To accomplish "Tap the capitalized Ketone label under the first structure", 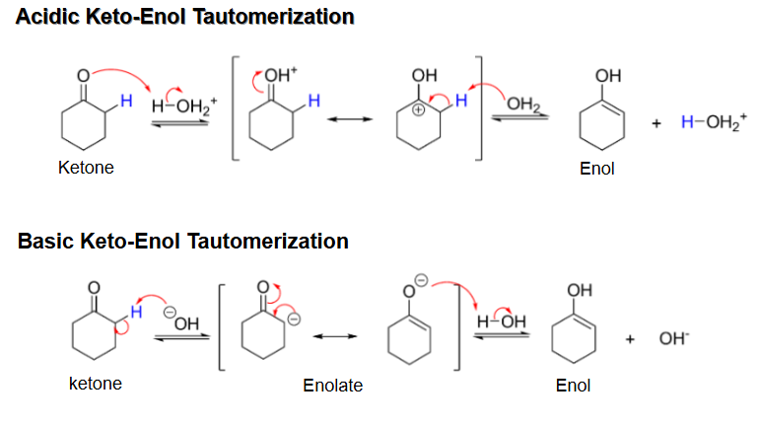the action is (x=86, y=168).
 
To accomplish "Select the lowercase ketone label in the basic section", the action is (x=96, y=384).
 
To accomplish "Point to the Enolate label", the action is (x=332, y=386).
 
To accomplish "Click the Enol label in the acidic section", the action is (x=597, y=169).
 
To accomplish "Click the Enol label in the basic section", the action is (x=573, y=386).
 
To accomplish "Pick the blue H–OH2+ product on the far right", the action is (x=714, y=122).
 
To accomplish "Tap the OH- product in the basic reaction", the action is (x=674, y=338).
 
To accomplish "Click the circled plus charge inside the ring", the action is (x=418, y=110).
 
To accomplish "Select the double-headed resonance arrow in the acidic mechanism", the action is (x=350, y=119).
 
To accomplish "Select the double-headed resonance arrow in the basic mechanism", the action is (x=335, y=336).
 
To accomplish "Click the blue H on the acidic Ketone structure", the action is (x=126, y=101).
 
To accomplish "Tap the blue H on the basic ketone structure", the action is (x=136, y=312).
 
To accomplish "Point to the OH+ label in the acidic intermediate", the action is (x=281, y=75).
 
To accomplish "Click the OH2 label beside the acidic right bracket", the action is (x=523, y=104).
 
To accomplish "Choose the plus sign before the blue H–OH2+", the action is (x=656, y=123).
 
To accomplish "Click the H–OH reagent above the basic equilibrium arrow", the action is (x=502, y=321).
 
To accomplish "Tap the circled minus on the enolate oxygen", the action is (x=422, y=280).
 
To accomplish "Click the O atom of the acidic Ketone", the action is (x=84, y=76).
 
